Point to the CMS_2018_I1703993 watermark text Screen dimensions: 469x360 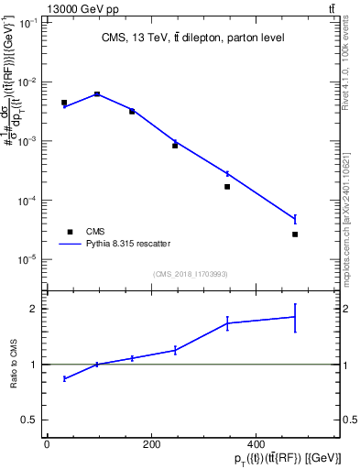point(190,273)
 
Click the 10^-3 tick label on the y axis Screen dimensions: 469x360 point(30,141)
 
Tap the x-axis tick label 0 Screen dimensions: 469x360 point(47,446)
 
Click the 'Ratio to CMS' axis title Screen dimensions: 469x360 point(14,365)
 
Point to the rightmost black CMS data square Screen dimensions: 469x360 point(295,234)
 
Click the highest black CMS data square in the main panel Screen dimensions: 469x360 point(97,94)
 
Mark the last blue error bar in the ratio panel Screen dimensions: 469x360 point(295,317)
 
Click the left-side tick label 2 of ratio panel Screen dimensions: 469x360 point(33,309)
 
